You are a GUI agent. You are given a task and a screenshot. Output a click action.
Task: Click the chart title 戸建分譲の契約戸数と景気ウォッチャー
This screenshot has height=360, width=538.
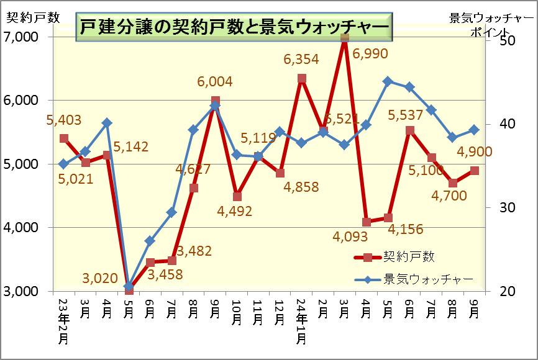pos(233,28)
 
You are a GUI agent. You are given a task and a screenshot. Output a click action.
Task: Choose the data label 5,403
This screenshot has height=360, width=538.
pos(63,120)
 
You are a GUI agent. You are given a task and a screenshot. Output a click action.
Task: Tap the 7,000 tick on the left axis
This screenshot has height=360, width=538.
pos(21,37)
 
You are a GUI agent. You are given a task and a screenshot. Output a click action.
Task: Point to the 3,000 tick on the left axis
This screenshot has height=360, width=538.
pos(21,291)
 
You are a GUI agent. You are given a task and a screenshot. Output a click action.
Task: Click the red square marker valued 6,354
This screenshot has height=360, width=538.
pos(301,78)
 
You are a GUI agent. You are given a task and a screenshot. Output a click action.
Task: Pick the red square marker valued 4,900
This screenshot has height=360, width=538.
pos(475,171)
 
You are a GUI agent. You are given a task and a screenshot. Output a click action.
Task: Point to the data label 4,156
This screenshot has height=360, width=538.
pos(406,229)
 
